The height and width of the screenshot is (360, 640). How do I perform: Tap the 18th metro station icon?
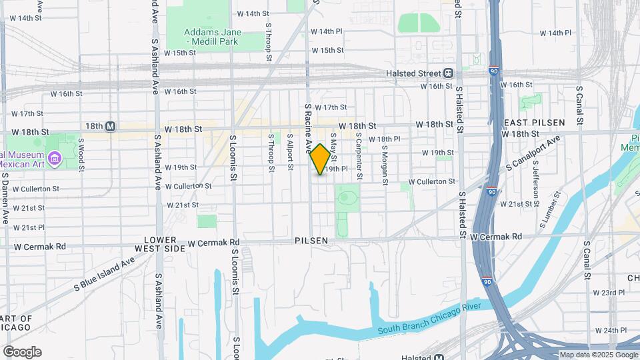click(x=111, y=126)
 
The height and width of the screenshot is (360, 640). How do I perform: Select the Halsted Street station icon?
click(x=449, y=73)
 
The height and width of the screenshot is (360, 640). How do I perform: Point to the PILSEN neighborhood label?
click(x=311, y=240)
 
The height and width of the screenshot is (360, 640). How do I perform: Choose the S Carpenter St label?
click(x=359, y=155)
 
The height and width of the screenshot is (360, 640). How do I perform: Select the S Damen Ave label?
click(x=5, y=197)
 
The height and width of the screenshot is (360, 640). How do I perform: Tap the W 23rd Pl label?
click(x=609, y=292)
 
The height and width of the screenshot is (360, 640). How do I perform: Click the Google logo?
click(x=22, y=352)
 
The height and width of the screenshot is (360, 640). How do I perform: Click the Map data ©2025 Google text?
click(x=598, y=355)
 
